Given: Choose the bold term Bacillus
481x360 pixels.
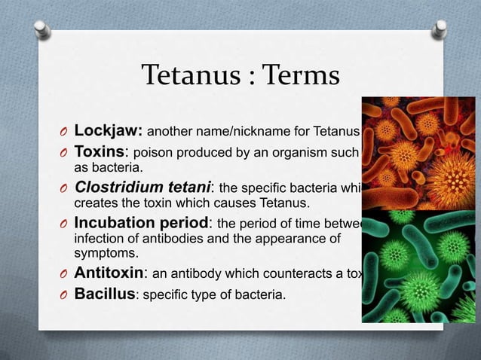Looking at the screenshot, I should tap(104, 294).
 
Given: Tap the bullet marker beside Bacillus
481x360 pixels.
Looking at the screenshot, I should tap(63, 294).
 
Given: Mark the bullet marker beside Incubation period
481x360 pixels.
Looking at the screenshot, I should tap(63, 225).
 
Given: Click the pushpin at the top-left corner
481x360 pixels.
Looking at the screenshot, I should tap(42, 29).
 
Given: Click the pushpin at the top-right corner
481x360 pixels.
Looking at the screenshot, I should tap(440, 29).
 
